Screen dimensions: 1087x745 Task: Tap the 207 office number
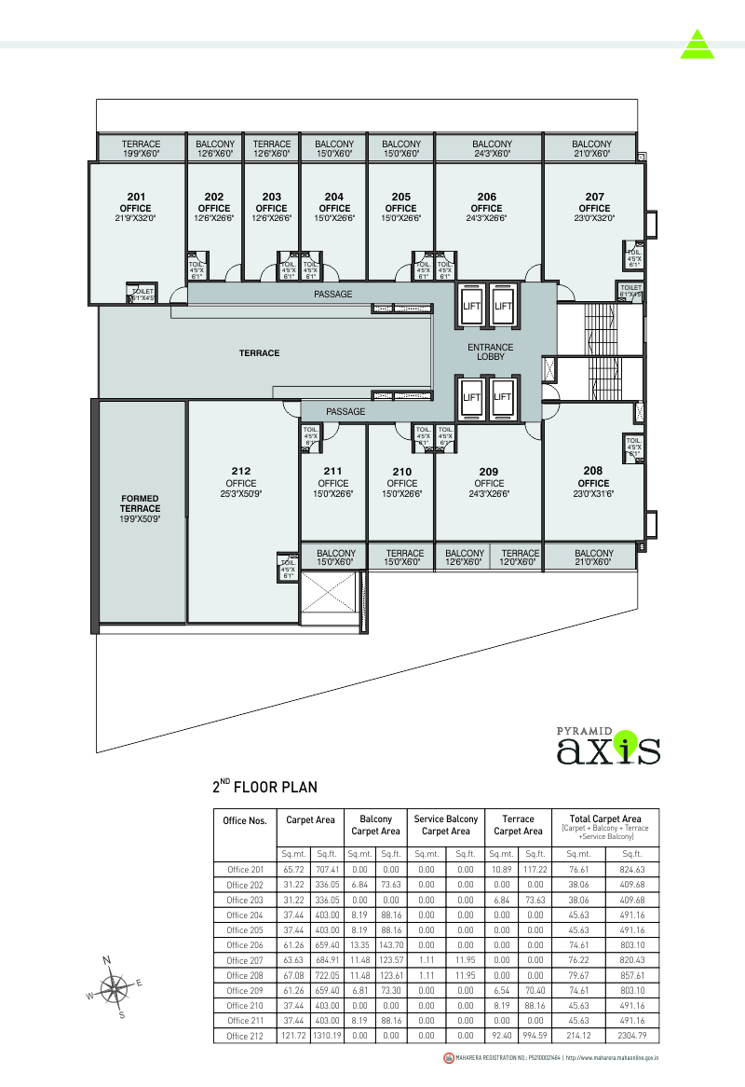pyautogui.click(x=594, y=197)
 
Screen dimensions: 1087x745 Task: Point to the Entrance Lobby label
pyautogui.click(x=491, y=351)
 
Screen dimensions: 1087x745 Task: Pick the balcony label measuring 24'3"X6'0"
pyautogui.click(x=492, y=148)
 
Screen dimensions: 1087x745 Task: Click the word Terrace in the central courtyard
pyautogui.click(x=259, y=353)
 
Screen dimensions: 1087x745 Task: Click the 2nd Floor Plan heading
pyautogui.click(x=264, y=788)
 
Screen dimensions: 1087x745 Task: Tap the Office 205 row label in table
pyautogui.click(x=244, y=929)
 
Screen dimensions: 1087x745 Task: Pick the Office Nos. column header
pyautogui.click(x=246, y=821)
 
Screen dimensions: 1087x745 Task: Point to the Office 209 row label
pyautogui.click(x=244, y=990)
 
